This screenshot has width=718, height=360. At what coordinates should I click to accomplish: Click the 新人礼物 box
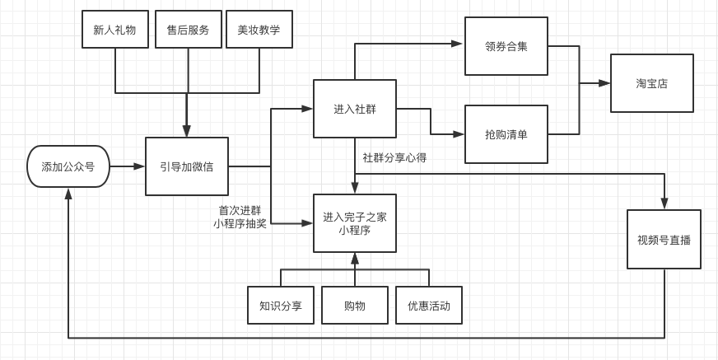point(114,30)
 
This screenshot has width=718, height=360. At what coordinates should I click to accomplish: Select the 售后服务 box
point(188,30)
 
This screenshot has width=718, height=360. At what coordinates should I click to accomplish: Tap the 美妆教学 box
point(259,30)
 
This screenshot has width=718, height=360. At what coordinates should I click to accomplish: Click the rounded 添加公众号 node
point(68,166)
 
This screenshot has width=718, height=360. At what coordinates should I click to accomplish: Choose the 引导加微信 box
point(187,166)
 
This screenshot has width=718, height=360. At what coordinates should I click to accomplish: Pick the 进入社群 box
point(355,109)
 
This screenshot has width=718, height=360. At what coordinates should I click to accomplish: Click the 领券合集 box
point(506,46)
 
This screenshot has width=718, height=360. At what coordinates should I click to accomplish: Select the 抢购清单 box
point(506,134)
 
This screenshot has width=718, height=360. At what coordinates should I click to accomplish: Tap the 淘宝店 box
point(651,83)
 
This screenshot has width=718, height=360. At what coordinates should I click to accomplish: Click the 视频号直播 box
point(664,240)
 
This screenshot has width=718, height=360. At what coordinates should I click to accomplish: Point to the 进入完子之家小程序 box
point(355,223)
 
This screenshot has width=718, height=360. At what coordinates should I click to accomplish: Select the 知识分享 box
point(281,306)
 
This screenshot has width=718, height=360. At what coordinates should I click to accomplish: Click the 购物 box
point(355,306)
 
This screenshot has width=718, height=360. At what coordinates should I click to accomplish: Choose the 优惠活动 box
point(429,306)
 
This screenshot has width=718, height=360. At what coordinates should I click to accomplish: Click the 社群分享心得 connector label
point(394,157)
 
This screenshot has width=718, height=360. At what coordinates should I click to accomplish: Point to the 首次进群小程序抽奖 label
point(240,217)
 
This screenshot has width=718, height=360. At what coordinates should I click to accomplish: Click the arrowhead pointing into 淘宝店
point(605,83)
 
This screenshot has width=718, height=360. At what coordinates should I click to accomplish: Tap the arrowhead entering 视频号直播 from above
point(664,204)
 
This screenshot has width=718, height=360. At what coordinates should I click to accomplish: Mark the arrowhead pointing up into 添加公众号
point(68,194)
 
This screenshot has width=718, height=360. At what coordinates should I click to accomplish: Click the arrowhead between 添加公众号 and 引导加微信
point(140,166)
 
